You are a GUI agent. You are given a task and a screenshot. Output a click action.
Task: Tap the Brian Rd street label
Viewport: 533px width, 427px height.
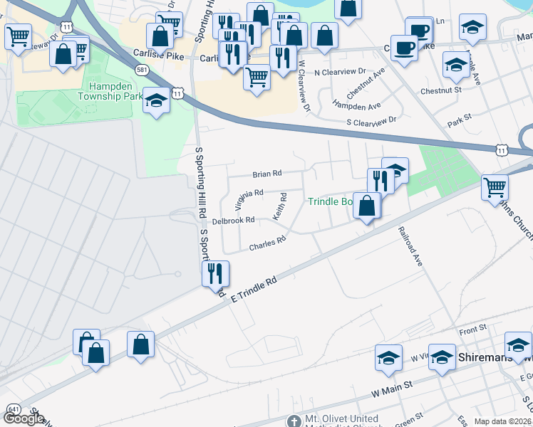267,173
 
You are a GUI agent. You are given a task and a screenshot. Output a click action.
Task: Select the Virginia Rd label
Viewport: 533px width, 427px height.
249,194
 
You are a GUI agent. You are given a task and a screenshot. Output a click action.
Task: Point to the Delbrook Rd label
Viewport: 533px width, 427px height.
233,221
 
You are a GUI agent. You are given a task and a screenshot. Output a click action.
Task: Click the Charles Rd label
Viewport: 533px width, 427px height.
267,243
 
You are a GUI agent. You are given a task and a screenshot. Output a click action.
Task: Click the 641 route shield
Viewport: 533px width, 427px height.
14,410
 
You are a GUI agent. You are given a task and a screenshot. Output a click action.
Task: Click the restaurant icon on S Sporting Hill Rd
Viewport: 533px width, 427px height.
215,273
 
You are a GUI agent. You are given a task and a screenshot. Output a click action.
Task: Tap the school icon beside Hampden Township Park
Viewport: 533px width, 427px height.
155,101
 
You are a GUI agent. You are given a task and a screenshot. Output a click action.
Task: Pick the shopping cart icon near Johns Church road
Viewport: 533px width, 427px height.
495,188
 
